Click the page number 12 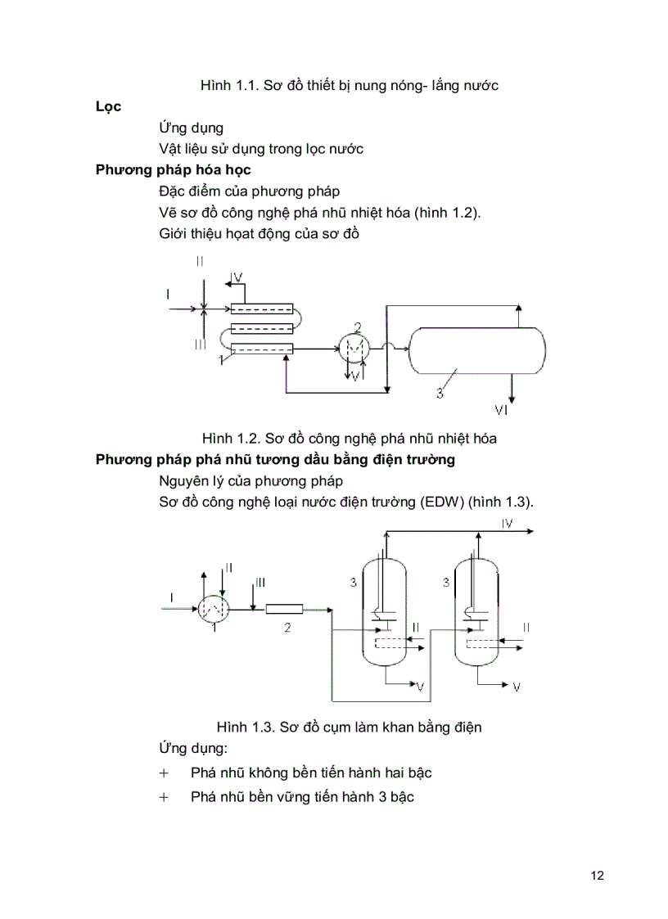click(597, 876)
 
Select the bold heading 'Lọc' click(109, 106)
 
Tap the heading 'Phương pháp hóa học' click(173, 170)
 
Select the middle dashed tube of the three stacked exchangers click(261, 329)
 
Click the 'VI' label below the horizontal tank click(506, 408)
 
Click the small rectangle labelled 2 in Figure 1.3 click(286, 609)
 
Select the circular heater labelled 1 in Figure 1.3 click(212, 609)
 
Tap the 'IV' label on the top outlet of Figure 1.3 click(507, 523)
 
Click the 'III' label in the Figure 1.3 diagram click(260, 582)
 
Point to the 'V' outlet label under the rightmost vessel click(516, 687)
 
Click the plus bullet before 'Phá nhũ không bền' click(164, 773)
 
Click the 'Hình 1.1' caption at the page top click(228, 86)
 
